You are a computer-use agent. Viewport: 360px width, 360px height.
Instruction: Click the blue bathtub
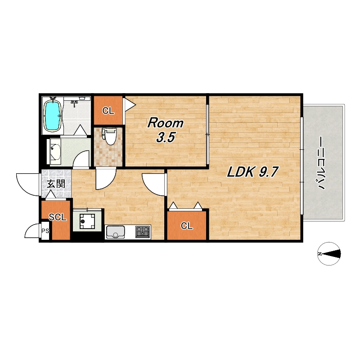click(53, 116)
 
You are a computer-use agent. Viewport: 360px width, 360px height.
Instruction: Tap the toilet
click(109, 136)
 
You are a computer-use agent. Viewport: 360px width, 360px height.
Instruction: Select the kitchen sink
click(115, 232)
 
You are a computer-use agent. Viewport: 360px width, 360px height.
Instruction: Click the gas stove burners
click(143, 231)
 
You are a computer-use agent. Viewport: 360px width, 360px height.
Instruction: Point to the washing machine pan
click(87, 221)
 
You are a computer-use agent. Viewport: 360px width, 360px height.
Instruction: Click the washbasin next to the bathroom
click(54, 152)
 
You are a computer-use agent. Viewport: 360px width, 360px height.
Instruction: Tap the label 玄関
click(56, 184)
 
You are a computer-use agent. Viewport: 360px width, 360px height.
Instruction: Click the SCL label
click(58, 217)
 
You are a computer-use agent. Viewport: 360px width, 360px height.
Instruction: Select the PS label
click(45, 231)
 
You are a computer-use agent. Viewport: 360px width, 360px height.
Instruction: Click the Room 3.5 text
click(165, 130)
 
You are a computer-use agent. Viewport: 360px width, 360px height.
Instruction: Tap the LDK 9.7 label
click(252, 172)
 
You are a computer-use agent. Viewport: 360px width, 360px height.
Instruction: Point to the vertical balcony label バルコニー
click(321, 163)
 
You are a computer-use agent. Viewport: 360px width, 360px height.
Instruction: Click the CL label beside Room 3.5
click(108, 111)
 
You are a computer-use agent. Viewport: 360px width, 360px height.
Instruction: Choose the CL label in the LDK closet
click(187, 226)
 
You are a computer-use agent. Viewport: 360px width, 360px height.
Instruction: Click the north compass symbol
click(329, 254)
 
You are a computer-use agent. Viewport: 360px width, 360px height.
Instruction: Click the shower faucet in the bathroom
click(74, 103)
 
